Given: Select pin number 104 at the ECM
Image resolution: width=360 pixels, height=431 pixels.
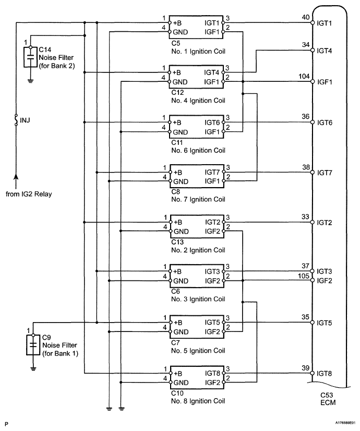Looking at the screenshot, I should [x=303, y=76].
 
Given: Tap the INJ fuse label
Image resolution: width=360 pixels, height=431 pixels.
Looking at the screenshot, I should [x=25, y=121].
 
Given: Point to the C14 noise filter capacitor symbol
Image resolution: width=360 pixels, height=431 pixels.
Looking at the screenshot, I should [x=31, y=55].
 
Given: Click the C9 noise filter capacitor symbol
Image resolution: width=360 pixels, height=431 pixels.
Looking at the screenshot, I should [x=32, y=344].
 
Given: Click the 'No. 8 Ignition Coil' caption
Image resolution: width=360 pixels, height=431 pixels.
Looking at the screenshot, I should [x=197, y=401].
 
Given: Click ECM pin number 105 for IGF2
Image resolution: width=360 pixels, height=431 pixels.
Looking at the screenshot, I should [x=303, y=277].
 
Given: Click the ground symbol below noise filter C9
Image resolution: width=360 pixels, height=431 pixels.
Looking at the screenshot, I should [x=32, y=368].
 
